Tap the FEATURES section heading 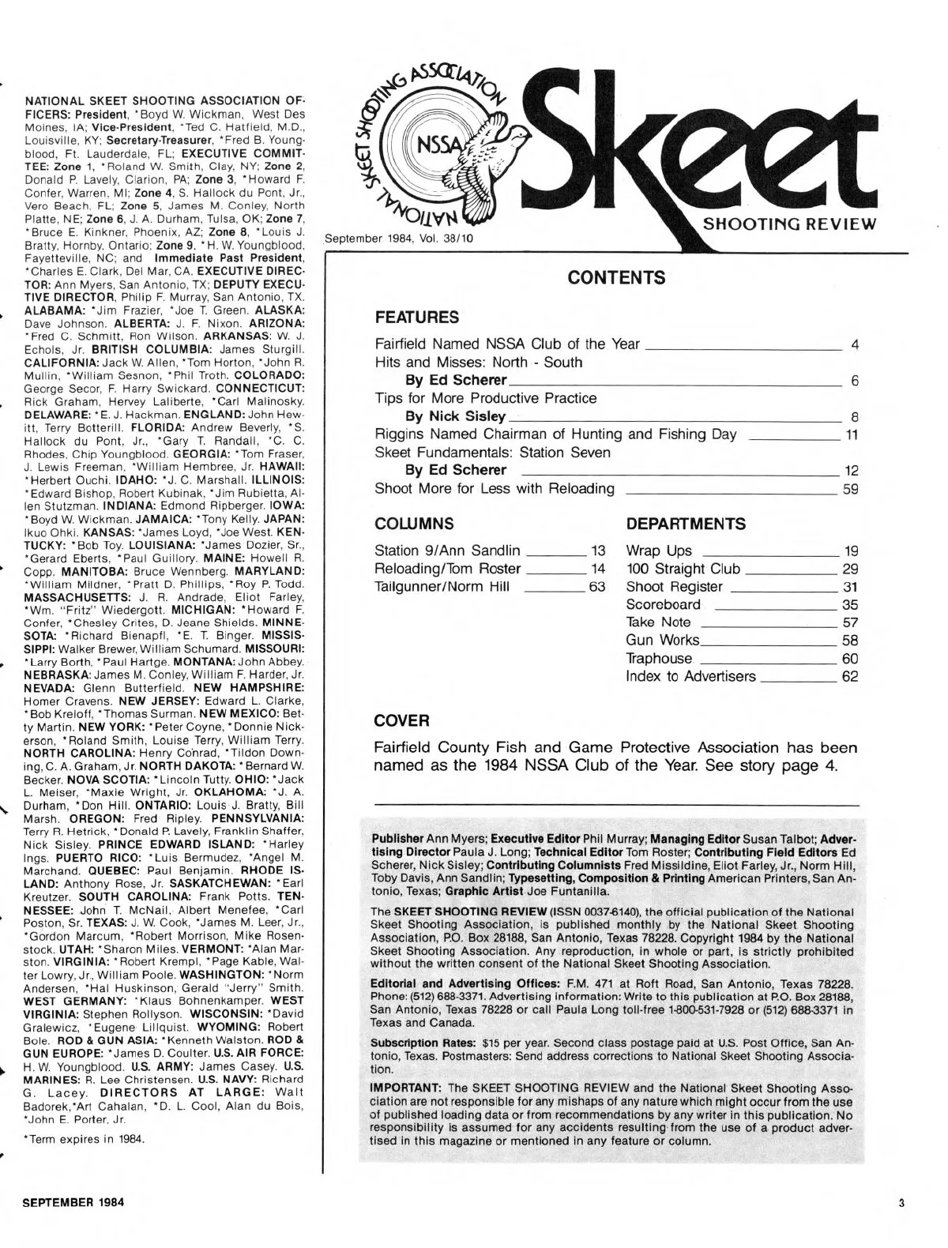coord(416,318)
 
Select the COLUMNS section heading coord(414,524)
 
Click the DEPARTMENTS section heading coord(685,524)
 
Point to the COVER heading coord(401,720)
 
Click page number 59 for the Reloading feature coord(851,489)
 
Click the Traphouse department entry coord(658,658)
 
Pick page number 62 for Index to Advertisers coord(851,676)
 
